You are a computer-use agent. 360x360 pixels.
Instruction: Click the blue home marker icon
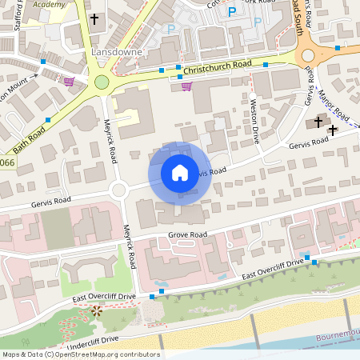click(180, 172)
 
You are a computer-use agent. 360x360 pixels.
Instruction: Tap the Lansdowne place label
click(116, 51)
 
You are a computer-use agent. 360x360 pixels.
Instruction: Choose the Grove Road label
click(187, 234)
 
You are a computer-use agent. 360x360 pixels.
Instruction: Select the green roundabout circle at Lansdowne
click(102, 82)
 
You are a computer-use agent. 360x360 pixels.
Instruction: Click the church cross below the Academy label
click(94, 18)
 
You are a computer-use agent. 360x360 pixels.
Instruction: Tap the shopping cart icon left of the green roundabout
click(69, 81)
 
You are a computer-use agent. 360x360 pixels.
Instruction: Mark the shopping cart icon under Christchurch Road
click(186, 86)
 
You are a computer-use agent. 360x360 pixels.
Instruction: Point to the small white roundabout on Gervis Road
click(119, 190)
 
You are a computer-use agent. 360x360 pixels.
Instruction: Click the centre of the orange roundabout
click(308, 55)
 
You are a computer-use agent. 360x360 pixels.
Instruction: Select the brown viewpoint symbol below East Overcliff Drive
click(97, 310)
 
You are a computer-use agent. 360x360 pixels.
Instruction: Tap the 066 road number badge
click(6, 163)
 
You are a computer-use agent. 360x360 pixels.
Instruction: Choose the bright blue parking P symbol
click(233, 12)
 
